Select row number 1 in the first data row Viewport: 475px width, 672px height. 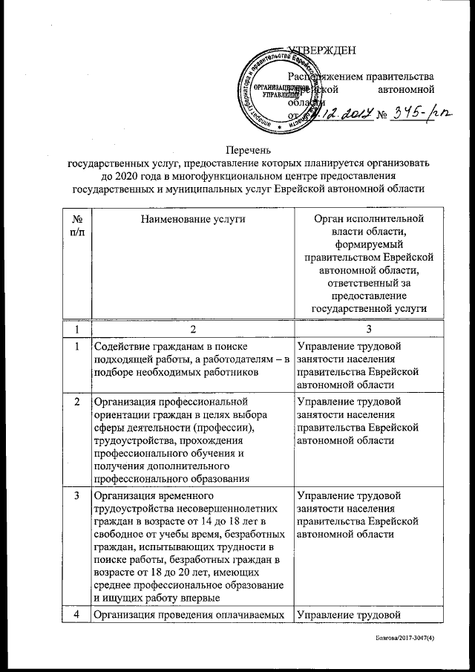[76, 345]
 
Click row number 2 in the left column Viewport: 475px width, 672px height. [76, 402]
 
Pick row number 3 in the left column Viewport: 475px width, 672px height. [76, 495]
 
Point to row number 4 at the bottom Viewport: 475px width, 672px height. [76, 614]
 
